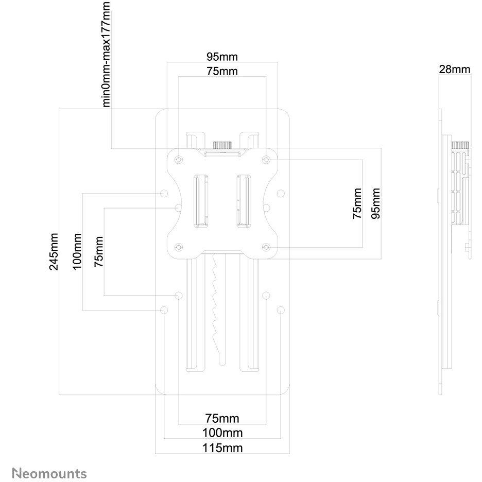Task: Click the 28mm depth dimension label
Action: (454, 69)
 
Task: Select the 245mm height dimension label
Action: (53, 251)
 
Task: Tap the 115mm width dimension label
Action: (222, 447)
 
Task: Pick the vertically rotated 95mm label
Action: (376, 203)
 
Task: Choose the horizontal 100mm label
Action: (222, 433)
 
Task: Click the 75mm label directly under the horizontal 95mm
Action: (222, 72)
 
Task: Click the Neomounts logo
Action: (49, 473)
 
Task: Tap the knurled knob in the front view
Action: (222, 144)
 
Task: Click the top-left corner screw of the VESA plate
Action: (178, 160)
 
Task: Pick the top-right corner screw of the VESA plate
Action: (266, 160)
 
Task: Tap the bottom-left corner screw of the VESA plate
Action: (178, 247)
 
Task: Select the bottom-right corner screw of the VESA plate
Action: (266, 247)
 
